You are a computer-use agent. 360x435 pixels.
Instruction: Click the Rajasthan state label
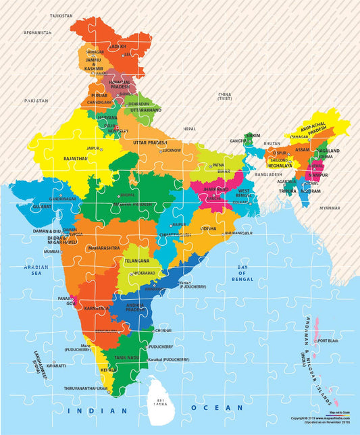coord(75,158)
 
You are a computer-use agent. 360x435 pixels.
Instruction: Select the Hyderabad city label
coord(143,273)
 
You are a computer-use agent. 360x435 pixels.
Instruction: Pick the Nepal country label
coord(190,128)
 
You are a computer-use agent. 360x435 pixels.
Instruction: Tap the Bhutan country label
coord(272,144)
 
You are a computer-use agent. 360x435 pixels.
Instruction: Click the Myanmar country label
coord(330,207)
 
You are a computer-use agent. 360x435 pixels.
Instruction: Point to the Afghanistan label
coord(37,32)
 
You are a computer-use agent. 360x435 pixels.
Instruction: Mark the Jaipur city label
coord(93,147)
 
